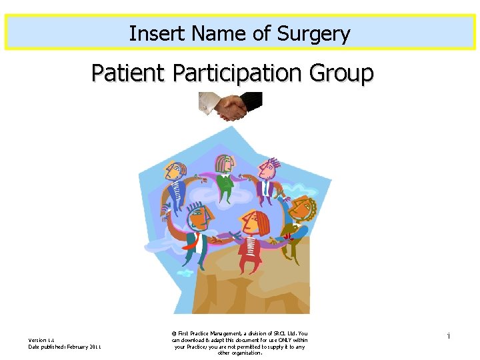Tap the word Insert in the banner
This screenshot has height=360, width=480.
click(153, 33)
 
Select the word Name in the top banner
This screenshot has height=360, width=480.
click(207, 33)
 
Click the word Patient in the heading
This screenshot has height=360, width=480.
click(128, 73)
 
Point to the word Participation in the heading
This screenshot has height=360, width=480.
click(238, 73)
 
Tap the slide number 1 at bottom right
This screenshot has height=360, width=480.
click(449, 336)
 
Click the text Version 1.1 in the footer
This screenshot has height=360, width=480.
click(41, 340)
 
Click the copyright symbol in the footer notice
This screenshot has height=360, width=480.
click(174, 333)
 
